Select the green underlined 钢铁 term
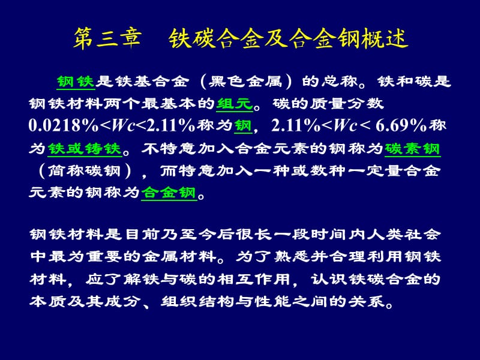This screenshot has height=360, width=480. [x=76, y=82]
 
